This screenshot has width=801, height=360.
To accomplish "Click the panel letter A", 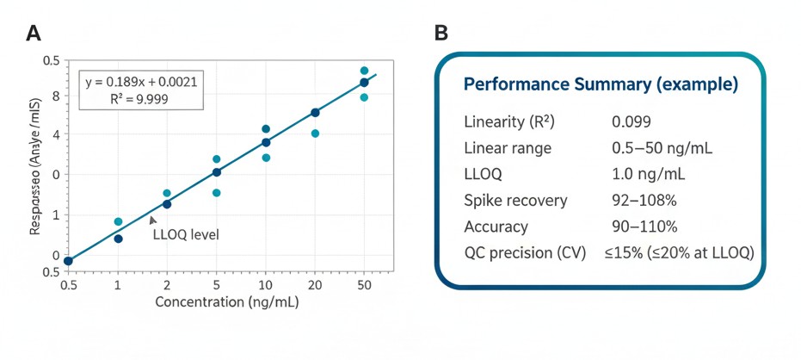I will click(x=34, y=34).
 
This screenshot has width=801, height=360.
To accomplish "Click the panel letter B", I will click(x=441, y=34).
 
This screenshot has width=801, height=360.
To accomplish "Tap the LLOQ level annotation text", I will click(x=185, y=233).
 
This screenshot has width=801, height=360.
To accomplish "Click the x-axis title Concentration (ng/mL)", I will click(x=226, y=302).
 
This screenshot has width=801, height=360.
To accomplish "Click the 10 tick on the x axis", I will click(x=266, y=284).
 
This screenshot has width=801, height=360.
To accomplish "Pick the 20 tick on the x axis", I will click(x=315, y=284).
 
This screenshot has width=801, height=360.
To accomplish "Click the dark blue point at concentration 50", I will click(x=364, y=83).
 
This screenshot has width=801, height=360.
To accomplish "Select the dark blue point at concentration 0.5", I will click(x=68, y=261).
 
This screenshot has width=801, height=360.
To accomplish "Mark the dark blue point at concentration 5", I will click(x=217, y=172).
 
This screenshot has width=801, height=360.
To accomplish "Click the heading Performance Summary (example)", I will click(x=601, y=85).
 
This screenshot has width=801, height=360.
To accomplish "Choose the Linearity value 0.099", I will click(x=631, y=121).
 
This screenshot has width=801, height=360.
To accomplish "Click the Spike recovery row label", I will click(x=515, y=201).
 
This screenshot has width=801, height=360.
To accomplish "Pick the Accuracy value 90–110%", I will click(x=644, y=227).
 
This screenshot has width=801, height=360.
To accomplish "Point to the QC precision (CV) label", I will click(x=525, y=253).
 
